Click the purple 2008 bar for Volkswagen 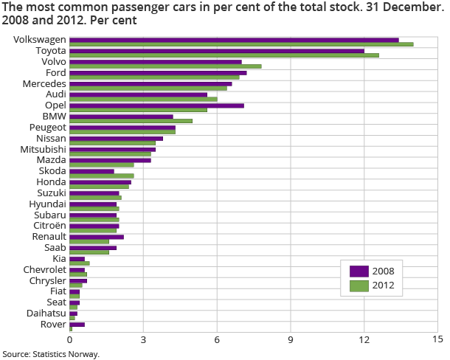click(x=234, y=40)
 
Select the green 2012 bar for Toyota click(x=260, y=55)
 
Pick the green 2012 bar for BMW click(x=131, y=120)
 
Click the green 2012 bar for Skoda click(x=102, y=176)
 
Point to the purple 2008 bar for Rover click(x=77, y=324)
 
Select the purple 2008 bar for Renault click(x=97, y=237)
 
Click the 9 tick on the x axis click(x=291, y=339)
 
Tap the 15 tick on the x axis click(x=437, y=339)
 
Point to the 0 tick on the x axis click(x=70, y=339)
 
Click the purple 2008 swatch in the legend click(x=359, y=271)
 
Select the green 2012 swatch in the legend click(x=359, y=285)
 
